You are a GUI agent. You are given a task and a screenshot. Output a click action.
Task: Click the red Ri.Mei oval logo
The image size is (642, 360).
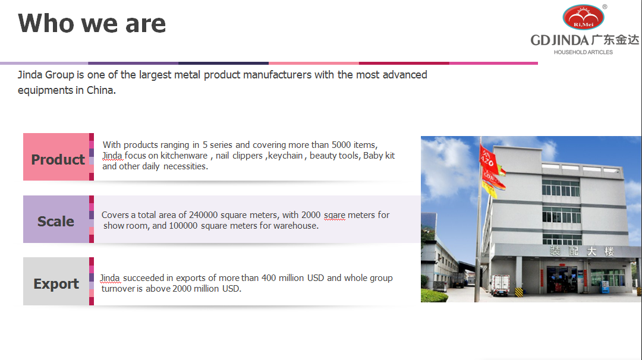coord(583,18)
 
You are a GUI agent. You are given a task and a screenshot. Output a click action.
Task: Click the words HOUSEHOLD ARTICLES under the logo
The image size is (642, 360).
coord(583,52)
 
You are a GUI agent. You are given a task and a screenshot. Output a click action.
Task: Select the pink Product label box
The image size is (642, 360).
coord(57,159)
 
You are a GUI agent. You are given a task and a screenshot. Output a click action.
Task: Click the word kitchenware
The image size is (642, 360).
coord(184,156)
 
